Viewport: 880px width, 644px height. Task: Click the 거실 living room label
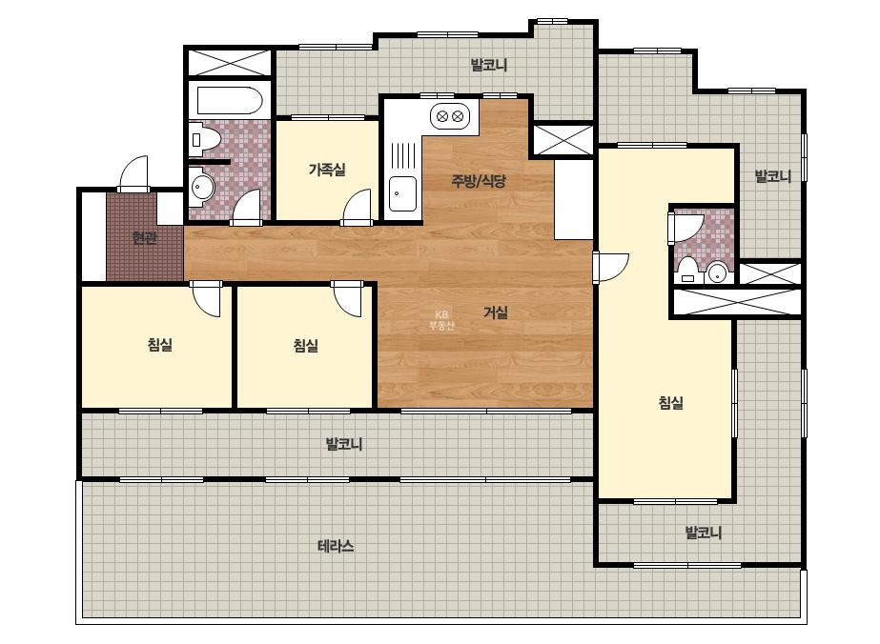496,312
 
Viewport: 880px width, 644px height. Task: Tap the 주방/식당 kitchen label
479,181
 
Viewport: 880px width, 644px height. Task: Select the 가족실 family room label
327,169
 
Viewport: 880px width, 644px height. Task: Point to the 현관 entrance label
144,238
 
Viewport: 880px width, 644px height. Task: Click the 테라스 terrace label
336,546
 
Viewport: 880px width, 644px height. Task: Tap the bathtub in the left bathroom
230,100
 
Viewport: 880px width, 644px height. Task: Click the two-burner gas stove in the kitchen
450,116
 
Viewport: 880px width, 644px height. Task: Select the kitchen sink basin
403,193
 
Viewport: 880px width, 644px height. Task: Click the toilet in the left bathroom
201,138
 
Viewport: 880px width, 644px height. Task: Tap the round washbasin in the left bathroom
201,187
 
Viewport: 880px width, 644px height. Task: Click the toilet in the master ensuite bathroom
688,270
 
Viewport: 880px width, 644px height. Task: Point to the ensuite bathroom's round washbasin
717,272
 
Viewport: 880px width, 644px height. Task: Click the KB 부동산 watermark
441,320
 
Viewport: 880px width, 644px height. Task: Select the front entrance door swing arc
134,172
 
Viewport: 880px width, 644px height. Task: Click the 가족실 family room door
357,207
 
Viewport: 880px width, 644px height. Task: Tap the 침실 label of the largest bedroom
670,402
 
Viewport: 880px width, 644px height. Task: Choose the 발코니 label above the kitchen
489,65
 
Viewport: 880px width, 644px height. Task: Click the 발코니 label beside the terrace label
344,444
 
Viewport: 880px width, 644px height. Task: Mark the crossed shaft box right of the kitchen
563,140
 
